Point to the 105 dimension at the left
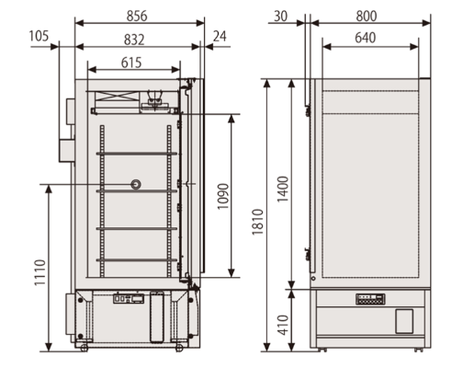coord(39,36)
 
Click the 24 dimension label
coord(219,36)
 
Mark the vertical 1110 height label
coord(39,268)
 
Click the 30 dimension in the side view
coord(280,16)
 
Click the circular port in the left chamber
coord(136,185)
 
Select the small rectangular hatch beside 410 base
coord(405,321)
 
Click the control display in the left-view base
coord(129,298)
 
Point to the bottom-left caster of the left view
coord(83,346)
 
